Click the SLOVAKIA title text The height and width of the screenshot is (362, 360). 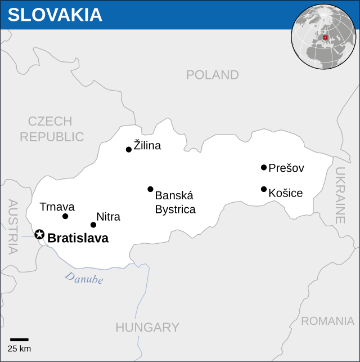pyautogui.click(x=55, y=15)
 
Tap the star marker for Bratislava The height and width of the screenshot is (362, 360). pyautogui.click(x=39, y=234)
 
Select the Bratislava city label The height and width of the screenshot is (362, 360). pyautogui.click(x=78, y=238)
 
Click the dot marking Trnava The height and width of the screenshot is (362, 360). pyautogui.click(x=65, y=216)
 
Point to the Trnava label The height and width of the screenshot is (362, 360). pyautogui.click(x=57, y=207)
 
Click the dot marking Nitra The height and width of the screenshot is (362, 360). pyautogui.click(x=93, y=225)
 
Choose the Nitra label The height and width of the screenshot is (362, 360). pyautogui.click(x=108, y=217)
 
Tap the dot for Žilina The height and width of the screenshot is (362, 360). pyautogui.click(x=129, y=149)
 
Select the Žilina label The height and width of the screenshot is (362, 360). pyautogui.click(x=147, y=146)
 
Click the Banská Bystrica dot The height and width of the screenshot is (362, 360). pyautogui.click(x=150, y=189)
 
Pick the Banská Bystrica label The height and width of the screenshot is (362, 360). pyautogui.click(x=175, y=203)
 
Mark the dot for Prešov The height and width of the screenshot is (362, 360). pyautogui.click(x=264, y=167)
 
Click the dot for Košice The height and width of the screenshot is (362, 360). pyautogui.click(x=264, y=189)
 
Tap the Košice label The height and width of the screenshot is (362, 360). pyautogui.click(x=285, y=193)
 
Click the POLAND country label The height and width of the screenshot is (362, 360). pyautogui.click(x=212, y=75)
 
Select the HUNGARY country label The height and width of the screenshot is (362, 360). pyautogui.click(x=147, y=327)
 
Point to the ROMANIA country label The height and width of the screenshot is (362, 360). pyautogui.click(x=327, y=321)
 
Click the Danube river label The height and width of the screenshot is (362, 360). pyautogui.click(x=84, y=278)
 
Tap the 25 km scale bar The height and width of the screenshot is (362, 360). pyautogui.click(x=19, y=339)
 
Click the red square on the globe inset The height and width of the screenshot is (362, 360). pyautogui.click(x=325, y=38)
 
